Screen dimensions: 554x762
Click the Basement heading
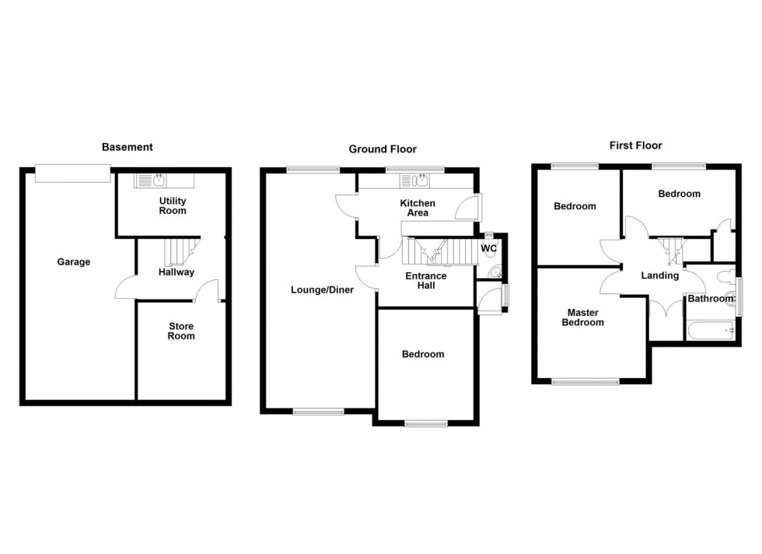tap(128, 147)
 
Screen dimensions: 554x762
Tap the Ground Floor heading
tap(382, 149)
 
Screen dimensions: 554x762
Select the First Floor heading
tap(635, 146)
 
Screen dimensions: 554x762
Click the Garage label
tap(74, 262)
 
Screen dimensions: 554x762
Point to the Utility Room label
tap(173, 205)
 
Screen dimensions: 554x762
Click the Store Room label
tap(181, 331)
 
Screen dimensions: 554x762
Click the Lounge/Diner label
tap(322, 290)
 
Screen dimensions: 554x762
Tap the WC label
tap(489, 249)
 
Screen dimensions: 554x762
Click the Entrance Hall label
tap(426, 281)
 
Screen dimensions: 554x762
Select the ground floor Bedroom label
tap(423, 355)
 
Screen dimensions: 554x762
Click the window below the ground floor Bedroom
tap(426, 423)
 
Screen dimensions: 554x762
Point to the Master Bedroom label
tap(584, 317)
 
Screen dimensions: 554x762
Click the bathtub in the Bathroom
tap(711, 329)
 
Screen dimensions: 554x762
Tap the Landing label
tap(660, 275)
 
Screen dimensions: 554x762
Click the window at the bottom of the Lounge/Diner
tap(318, 411)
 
